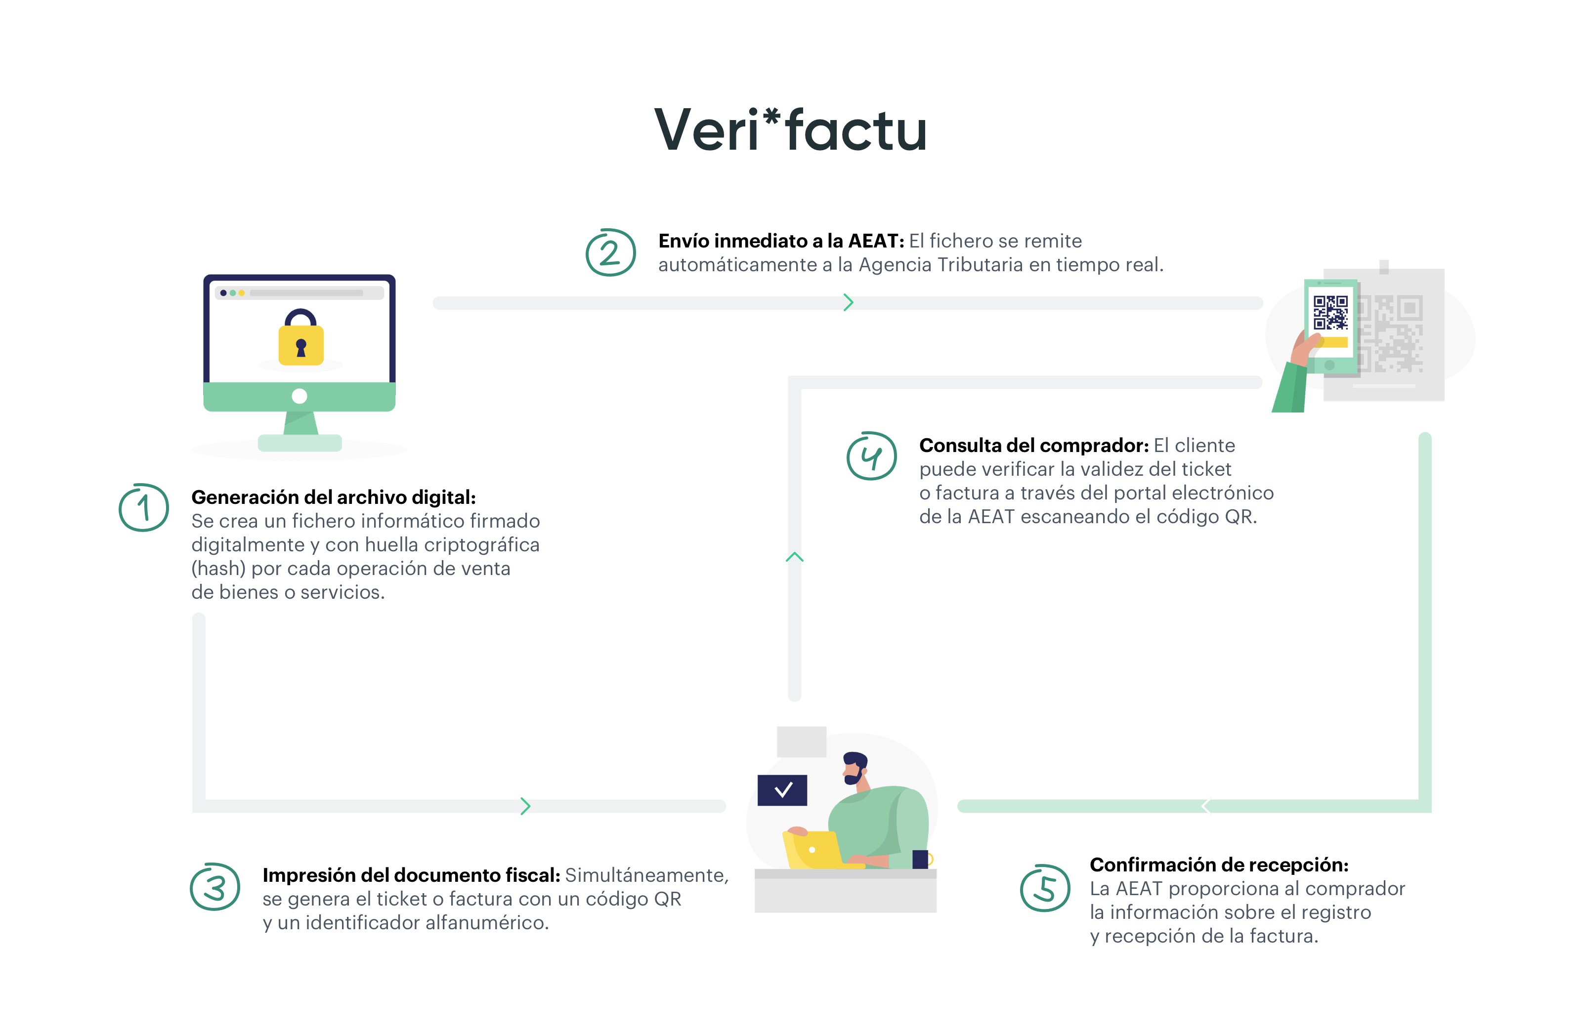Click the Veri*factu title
point(790,130)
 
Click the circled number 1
point(144,508)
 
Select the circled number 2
point(610,252)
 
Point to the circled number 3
point(214,887)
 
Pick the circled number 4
point(871,456)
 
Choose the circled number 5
point(1045,888)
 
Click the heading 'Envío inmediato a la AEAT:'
point(781,241)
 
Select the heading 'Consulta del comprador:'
point(1033,445)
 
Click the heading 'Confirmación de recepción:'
point(1218,865)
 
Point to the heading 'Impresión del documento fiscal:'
point(411,875)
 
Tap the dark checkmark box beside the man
point(782,790)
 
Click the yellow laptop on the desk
point(812,850)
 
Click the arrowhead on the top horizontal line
point(848,303)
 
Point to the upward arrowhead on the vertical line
point(794,557)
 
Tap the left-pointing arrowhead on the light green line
point(1206,806)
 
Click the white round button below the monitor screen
point(300,397)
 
